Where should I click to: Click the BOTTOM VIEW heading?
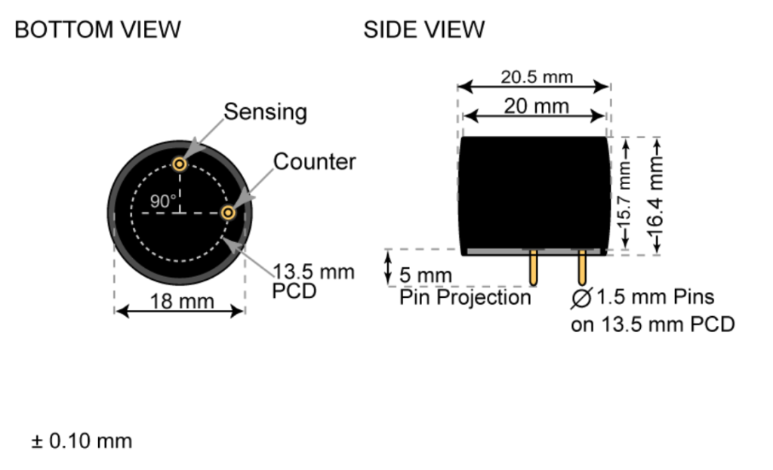97,30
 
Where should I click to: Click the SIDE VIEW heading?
423,30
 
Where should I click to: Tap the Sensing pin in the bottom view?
180,164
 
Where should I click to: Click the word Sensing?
265,112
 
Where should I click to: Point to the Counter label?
314,161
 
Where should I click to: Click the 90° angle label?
162,201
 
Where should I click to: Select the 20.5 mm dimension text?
537,77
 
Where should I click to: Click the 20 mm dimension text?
536,106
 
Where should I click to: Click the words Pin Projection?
465,297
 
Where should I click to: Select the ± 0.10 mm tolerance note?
82,441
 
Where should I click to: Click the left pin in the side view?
534,268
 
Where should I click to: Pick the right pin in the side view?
582,268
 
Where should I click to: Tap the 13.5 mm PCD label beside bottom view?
313,281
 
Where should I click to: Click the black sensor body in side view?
534,192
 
